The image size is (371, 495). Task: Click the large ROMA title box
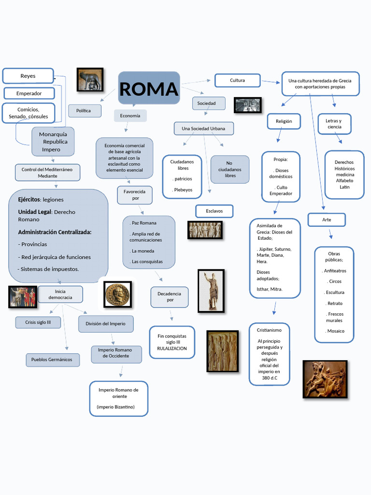[x=149, y=88]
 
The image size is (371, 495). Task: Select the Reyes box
[x=28, y=76]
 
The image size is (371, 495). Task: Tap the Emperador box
[x=29, y=93]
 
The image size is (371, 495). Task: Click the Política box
[x=85, y=111]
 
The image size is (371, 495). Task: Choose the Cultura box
[x=237, y=80]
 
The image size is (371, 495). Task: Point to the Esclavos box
[x=214, y=211]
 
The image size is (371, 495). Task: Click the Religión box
[x=284, y=121]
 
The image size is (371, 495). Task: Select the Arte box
[x=327, y=220]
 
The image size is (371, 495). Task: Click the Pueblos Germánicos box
[x=52, y=360]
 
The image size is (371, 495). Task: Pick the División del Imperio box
[x=105, y=324]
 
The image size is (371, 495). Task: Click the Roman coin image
[x=117, y=295]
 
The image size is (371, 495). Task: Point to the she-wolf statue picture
[x=90, y=80]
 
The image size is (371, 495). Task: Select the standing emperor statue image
[x=211, y=291]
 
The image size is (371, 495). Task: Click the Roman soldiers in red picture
[x=23, y=297]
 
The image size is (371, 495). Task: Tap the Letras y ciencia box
[x=334, y=124]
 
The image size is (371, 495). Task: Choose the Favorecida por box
[x=135, y=195]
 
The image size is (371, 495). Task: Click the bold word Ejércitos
[x=29, y=200]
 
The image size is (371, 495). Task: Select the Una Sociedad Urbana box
[x=203, y=129]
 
